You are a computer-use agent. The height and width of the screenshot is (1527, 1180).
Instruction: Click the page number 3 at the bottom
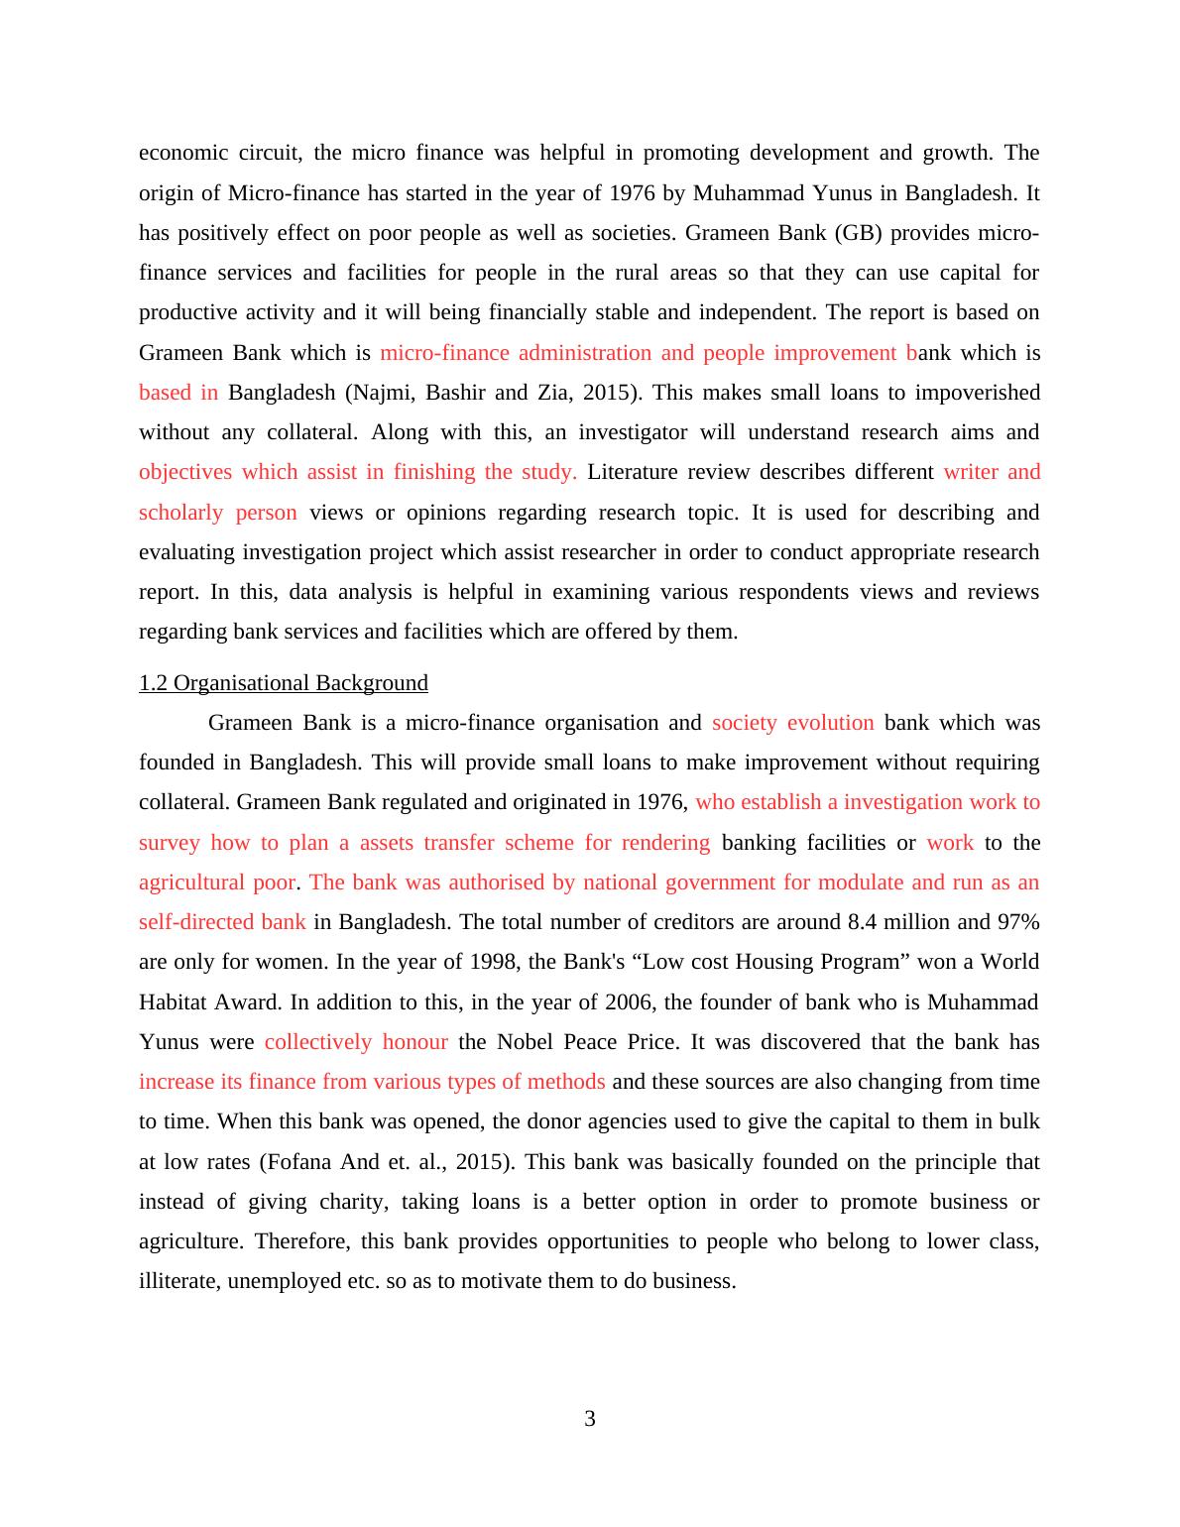[590, 1419]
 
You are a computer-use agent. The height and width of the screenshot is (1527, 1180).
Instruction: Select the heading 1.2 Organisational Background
[284, 683]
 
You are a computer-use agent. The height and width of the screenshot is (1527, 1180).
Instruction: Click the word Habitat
[173, 1001]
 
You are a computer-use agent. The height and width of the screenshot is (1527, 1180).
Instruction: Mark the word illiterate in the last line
[179, 1281]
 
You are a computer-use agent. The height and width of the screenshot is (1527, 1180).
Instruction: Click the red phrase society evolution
[792, 723]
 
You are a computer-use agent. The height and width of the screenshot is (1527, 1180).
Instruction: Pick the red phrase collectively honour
[356, 1042]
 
